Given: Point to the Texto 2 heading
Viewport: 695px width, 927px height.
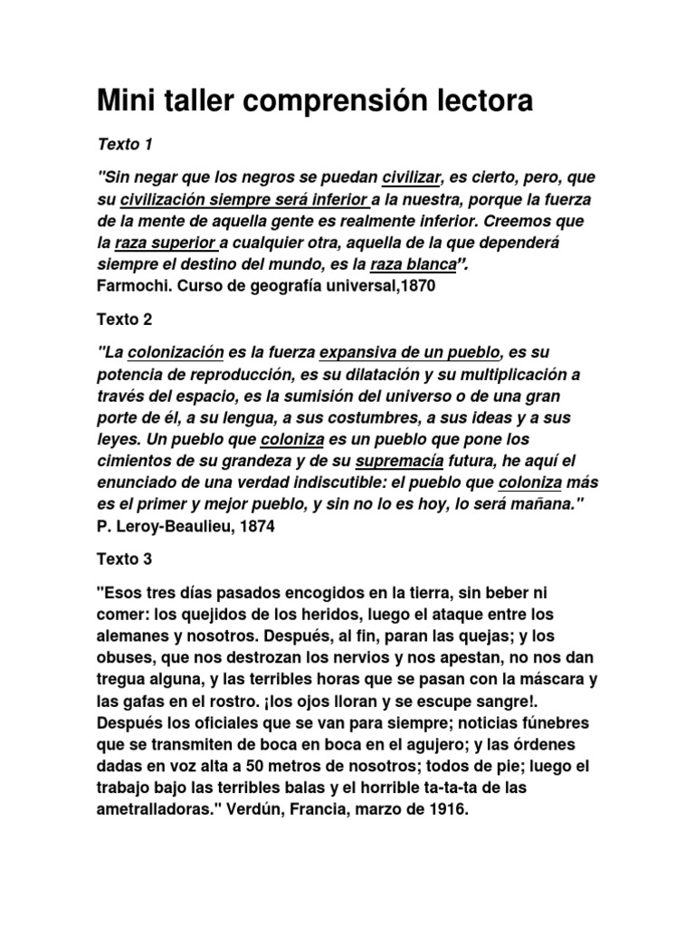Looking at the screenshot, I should click(x=125, y=319).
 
